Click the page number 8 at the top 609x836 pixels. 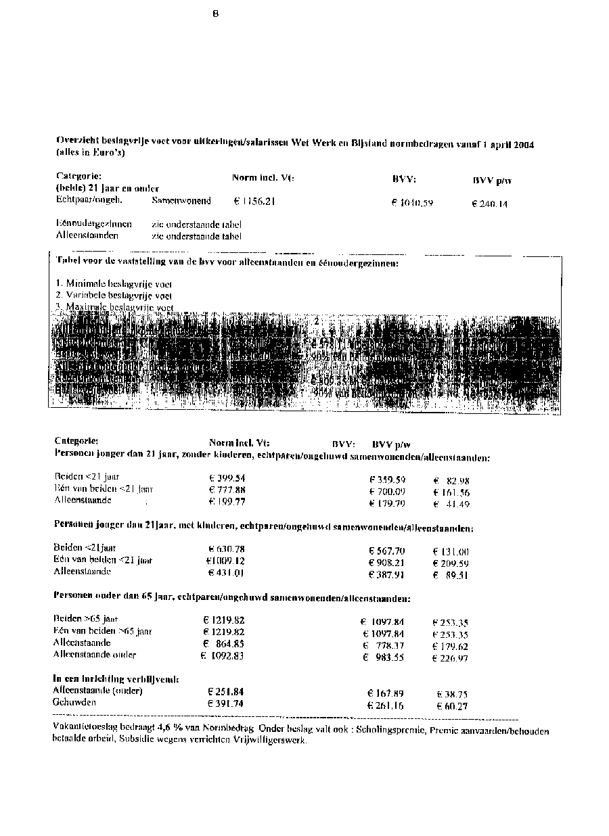tap(216, 14)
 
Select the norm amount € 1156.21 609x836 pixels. tap(254, 202)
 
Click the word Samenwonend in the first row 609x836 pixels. tap(181, 201)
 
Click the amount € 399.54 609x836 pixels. tap(227, 478)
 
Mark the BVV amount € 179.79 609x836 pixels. tap(387, 504)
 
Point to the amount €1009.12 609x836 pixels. tap(225, 561)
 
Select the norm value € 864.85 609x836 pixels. tap(224, 643)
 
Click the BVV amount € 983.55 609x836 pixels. tap(384, 657)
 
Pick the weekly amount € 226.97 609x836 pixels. tap(450, 658)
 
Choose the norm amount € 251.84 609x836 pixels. tap(225, 692)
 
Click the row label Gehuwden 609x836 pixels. tap(74, 703)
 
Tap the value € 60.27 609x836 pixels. tap(453, 706)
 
